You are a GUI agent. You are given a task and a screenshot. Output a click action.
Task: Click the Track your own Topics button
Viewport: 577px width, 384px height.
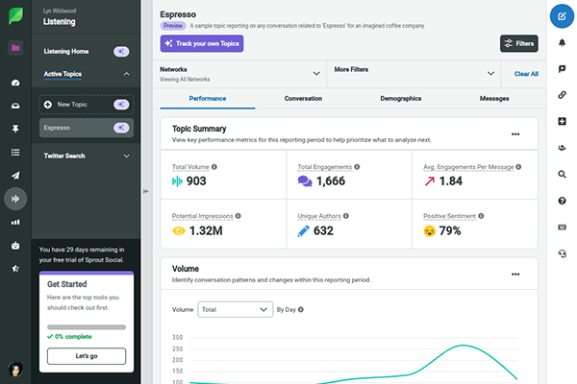click(202, 43)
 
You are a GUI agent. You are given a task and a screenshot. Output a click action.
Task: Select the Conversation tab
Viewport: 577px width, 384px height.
click(303, 99)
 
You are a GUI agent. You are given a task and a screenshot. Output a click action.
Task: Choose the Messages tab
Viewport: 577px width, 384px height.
click(494, 99)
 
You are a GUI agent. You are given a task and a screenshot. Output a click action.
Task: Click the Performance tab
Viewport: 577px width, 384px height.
click(208, 99)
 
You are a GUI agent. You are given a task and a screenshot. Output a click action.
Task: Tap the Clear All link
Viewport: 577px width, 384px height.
click(526, 73)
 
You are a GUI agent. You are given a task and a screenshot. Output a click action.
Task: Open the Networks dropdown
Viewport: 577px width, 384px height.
click(240, 73)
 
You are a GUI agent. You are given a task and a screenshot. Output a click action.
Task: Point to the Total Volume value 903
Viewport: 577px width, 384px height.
click(195, 180)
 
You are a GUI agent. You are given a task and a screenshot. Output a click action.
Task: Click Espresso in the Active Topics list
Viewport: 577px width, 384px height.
click(77, 127)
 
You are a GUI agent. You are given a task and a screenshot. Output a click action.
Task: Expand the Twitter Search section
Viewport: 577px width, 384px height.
click(87, 156)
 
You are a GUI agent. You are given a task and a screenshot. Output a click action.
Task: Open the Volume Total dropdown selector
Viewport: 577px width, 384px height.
click(235, 310)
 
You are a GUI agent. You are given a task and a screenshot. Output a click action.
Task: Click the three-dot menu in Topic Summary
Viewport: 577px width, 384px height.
click(515, 134)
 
